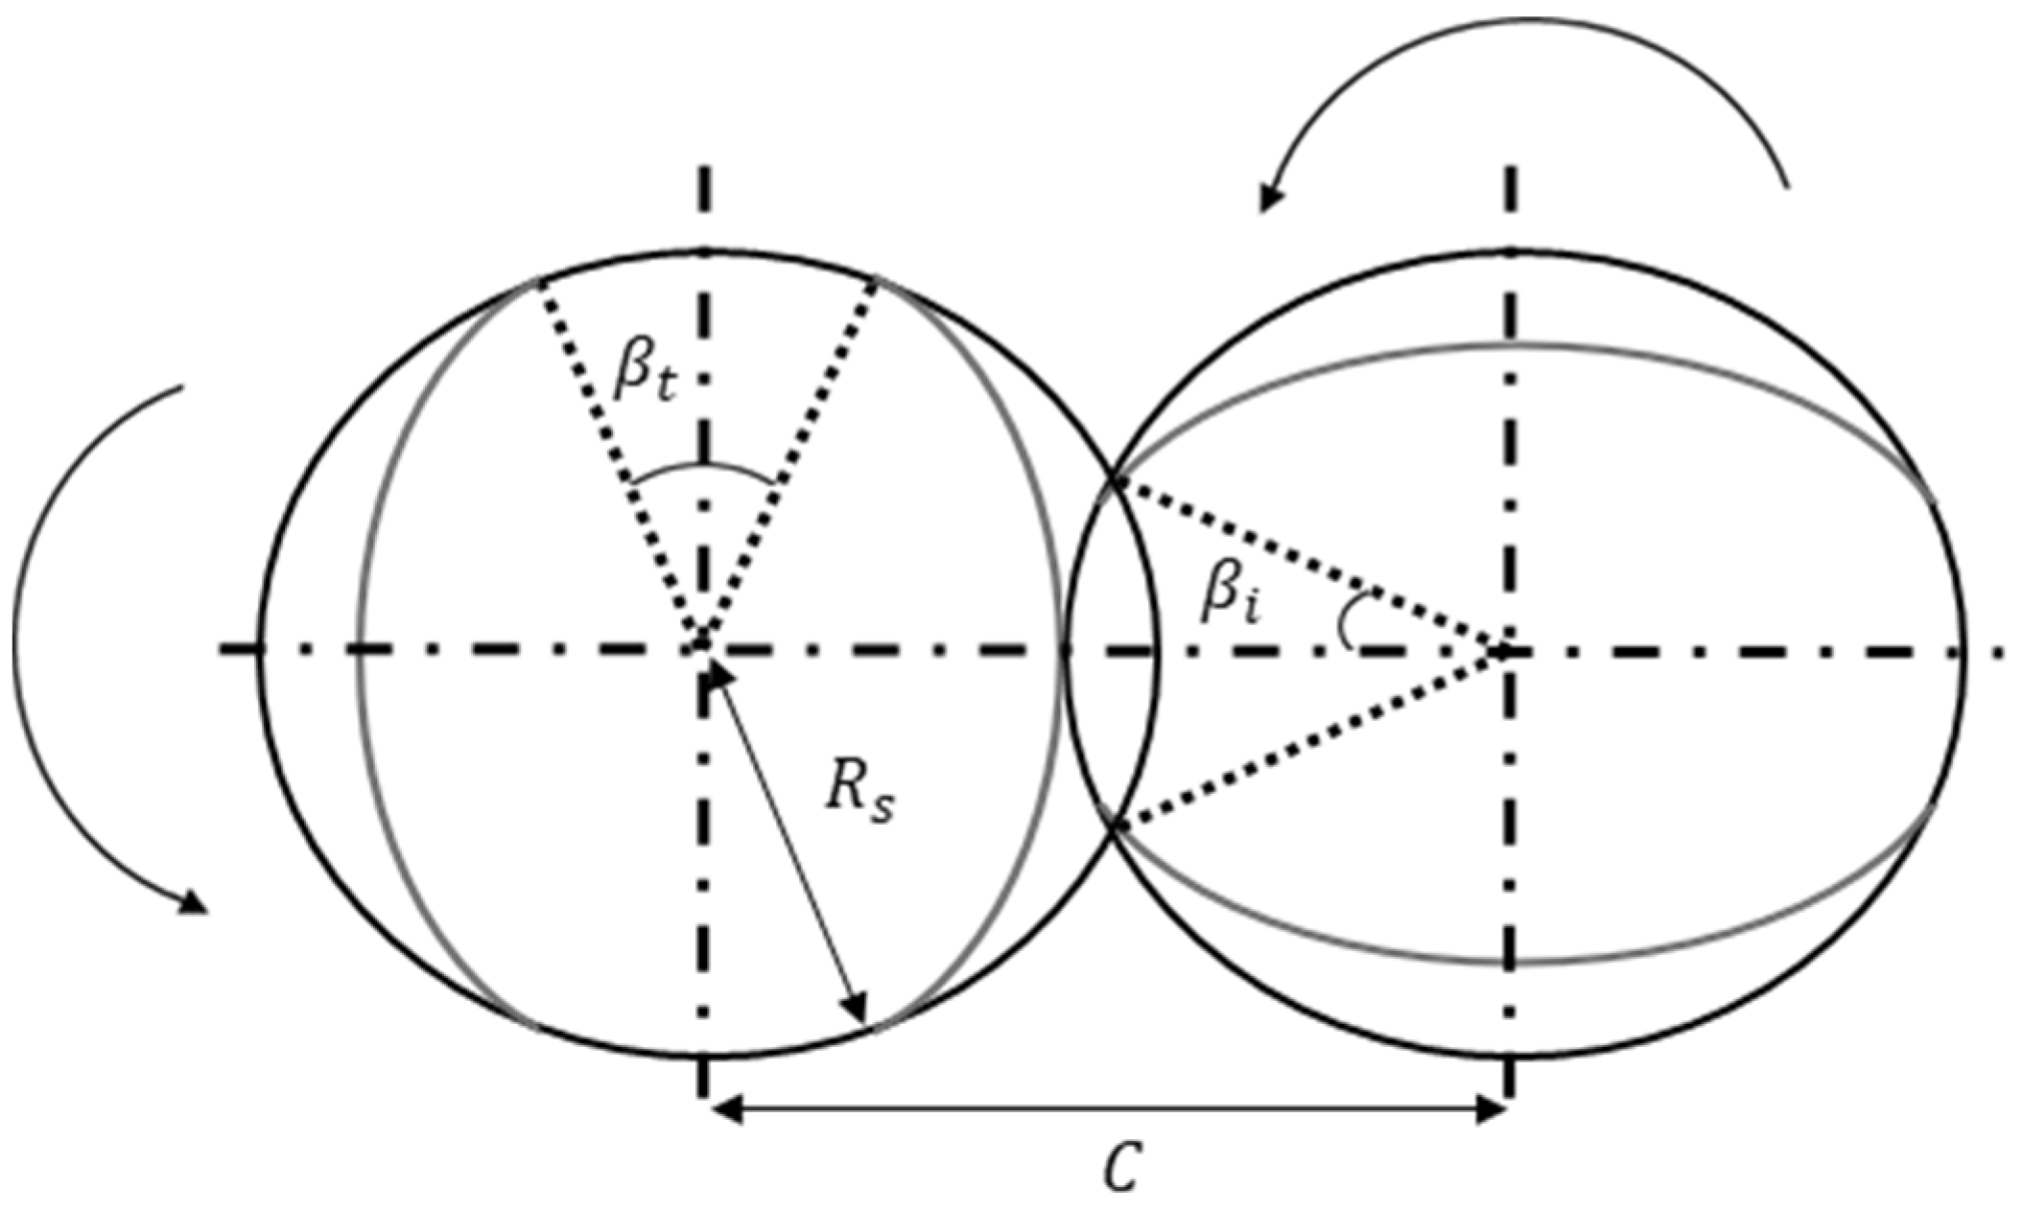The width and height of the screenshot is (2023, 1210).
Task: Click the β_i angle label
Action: tap(1231, 597)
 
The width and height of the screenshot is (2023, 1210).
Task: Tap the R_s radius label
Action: tap(859, 795)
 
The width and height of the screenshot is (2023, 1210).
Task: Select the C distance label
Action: tap(1120, 1166)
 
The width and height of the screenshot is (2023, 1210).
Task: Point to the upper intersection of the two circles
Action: tap(1113, 478)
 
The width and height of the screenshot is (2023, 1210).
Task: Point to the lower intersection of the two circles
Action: tap(1113, 825)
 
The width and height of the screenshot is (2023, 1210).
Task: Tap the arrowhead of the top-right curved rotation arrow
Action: tap(1271, 200)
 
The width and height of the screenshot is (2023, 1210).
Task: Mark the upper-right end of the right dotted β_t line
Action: tap(876, 282)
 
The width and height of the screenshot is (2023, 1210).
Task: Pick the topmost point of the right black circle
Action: tap(1511, 250)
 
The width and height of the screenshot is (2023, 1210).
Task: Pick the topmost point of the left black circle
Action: tap(705, 250)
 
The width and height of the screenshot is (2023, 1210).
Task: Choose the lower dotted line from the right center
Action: tap(1309, 738)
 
